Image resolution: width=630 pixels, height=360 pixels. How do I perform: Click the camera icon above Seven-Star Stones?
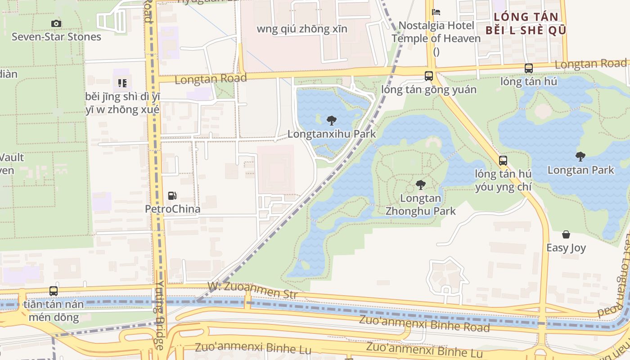tap(56, 23)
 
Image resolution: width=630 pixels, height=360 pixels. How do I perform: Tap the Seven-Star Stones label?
tap(56, 37)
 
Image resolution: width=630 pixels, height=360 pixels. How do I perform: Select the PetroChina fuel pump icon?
tap(172, 196)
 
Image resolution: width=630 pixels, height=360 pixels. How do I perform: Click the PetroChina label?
tap(172, 209)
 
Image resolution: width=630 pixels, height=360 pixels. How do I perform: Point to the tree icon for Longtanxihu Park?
tap(332, 120)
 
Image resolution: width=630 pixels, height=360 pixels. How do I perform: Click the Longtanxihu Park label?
tap(332, 134)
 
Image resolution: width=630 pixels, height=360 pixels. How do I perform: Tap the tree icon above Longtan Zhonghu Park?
tap(421, 184)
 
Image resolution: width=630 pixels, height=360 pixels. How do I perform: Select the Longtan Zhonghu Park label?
tap(421, 205)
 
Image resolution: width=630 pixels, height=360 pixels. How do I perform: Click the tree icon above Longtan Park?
tap(580, 157)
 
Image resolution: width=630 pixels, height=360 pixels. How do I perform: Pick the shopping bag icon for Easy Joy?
tap(566, 234)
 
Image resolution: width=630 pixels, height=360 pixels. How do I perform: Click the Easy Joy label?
tap(566, 248)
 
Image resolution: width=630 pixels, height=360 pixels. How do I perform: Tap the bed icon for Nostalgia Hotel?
tap(436, 12)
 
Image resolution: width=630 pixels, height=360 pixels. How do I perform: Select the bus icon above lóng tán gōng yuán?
tap(429, 76)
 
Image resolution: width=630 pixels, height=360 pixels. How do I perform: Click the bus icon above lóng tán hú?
tap(529, 68)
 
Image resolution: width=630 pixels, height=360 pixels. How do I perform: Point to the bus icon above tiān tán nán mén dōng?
tap(54, 291)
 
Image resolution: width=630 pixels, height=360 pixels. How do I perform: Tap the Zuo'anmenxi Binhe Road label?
tap(424, 323)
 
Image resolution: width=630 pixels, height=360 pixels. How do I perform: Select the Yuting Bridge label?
tap(159, 315)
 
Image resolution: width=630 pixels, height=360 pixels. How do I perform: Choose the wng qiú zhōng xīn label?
tap(302, 29)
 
